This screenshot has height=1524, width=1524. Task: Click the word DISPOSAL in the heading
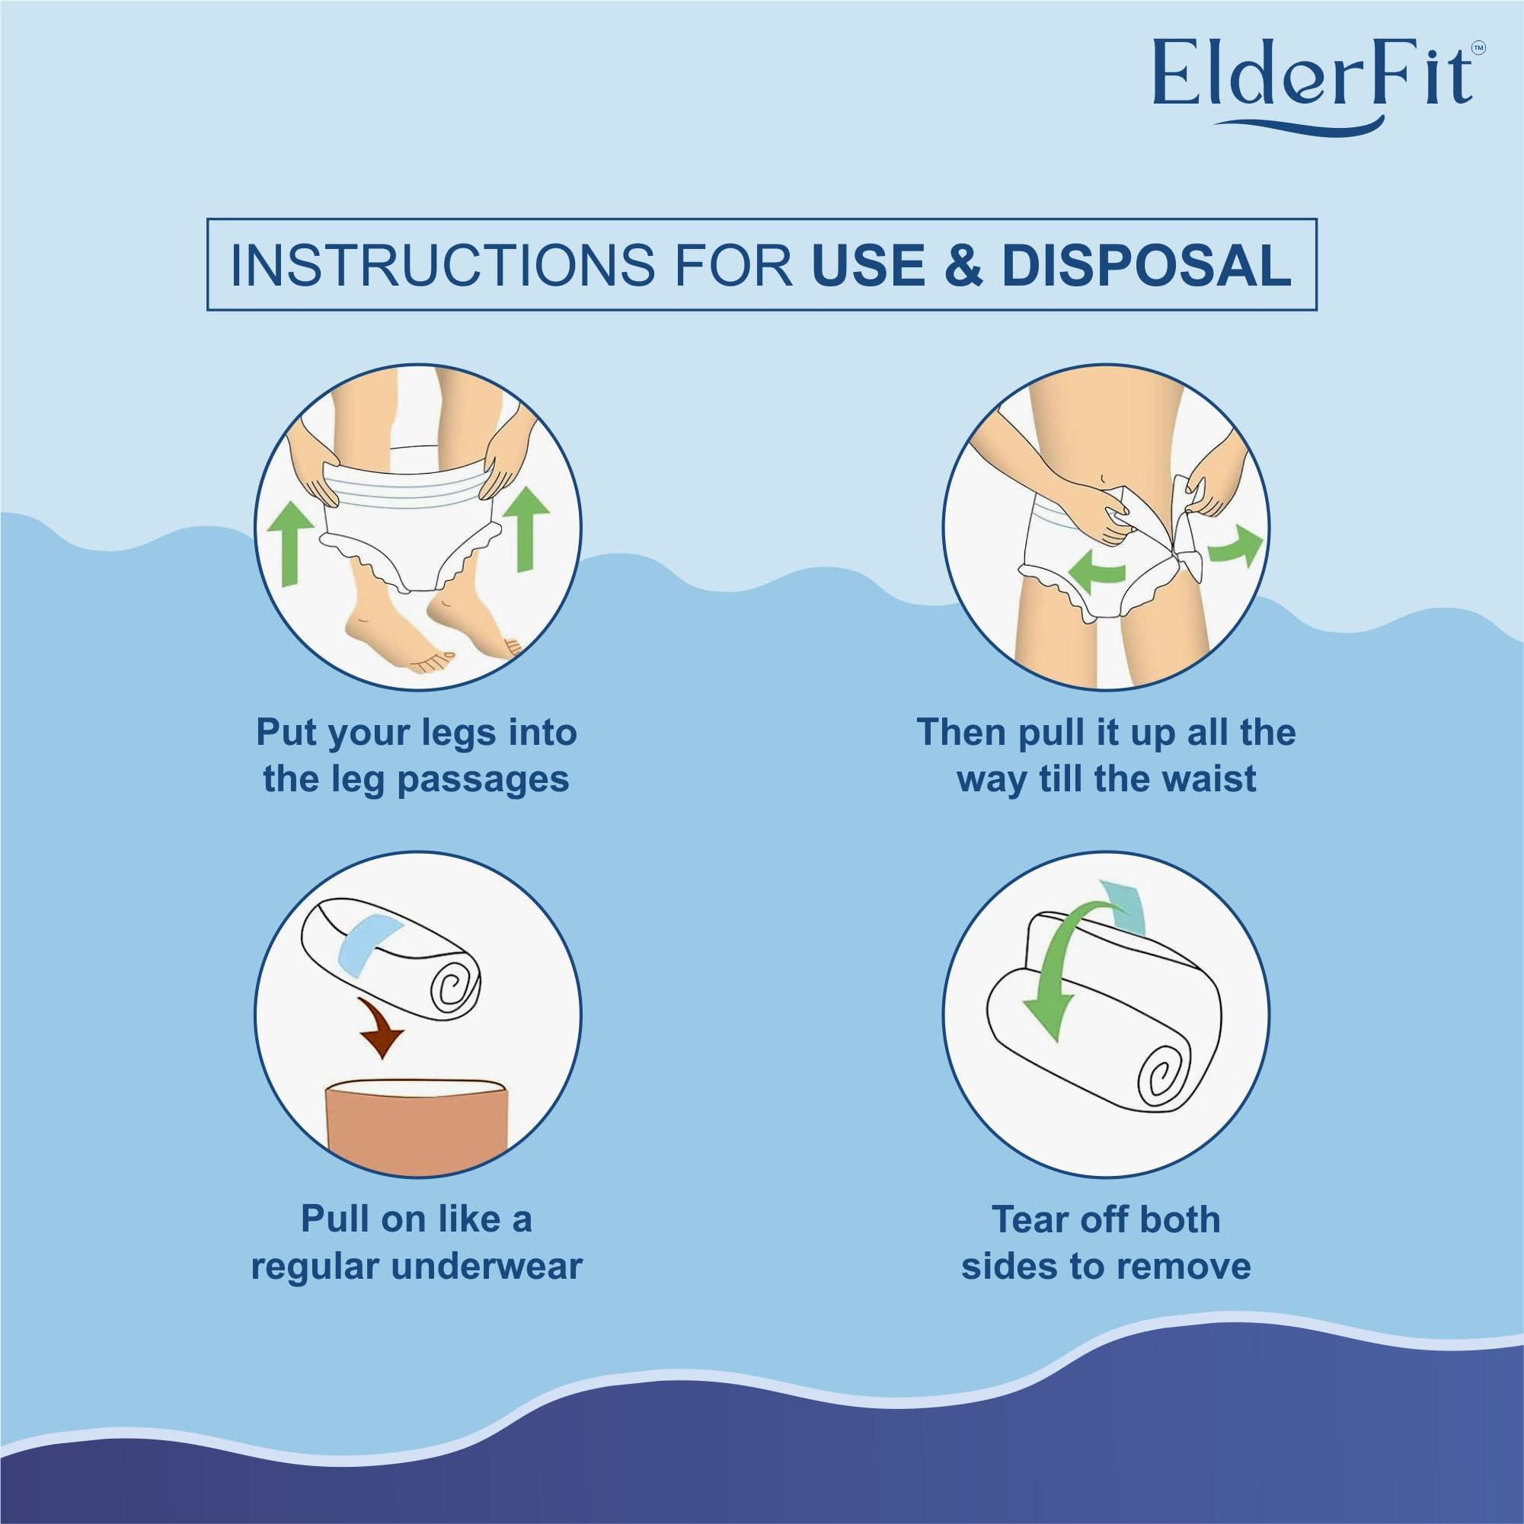pos(1148,265)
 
